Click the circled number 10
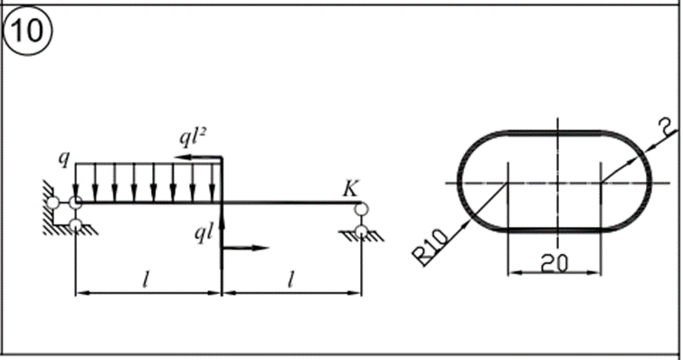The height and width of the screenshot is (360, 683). (x=27, y=31)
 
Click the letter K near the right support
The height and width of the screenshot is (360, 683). (x=350, y=189)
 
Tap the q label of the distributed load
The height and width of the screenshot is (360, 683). (x=64, y=159)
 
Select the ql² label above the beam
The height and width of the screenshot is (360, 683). (x=193, y=138)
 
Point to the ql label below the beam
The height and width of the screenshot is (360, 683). (x=204, y=234)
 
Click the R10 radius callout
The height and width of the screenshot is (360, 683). (x=431, y=247)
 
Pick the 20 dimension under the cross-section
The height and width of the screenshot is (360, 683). (x=555, y=264)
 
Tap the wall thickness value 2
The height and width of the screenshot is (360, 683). (x=667, y=128)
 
